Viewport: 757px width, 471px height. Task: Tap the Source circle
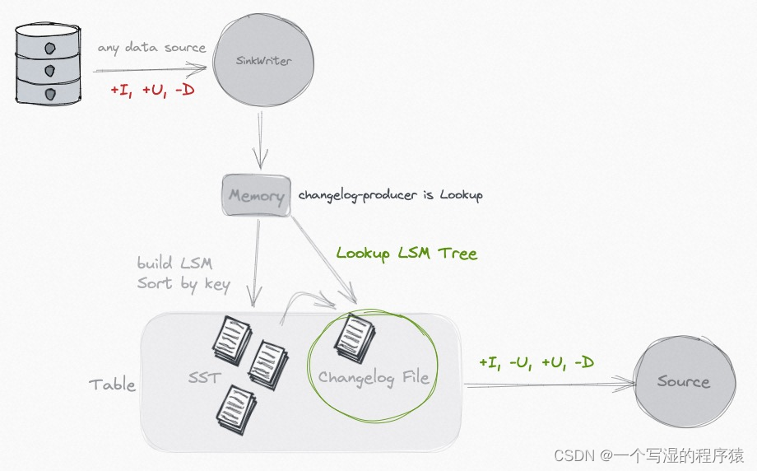point(683,381)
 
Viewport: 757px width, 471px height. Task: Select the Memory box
point(257,196)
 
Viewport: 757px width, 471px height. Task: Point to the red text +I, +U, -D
point(152,90)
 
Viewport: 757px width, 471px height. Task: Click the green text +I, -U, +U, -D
point(536,362)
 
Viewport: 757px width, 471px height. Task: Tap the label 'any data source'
point(151,47)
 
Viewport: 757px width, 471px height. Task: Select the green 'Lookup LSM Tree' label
point(406,253)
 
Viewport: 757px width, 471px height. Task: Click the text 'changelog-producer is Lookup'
point(390,195)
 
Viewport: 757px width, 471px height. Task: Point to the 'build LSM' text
point(174,263)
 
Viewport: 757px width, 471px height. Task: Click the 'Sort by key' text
point(183,284)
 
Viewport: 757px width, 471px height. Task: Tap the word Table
point(112,384)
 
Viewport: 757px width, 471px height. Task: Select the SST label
point(203,378)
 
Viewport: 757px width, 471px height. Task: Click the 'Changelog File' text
point(374,378)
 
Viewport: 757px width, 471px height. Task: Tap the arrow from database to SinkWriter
point(148,69)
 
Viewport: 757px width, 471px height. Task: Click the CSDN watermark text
point(648,455)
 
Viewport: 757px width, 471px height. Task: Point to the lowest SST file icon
point(236,410)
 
